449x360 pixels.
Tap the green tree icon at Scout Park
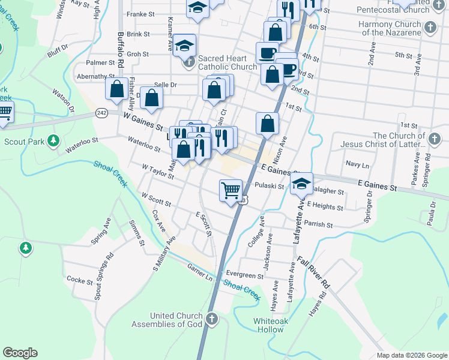click(53, 140)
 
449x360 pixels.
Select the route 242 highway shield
click(101, 113)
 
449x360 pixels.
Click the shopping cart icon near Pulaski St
click(231, 191)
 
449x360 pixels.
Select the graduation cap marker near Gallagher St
click(302, 184)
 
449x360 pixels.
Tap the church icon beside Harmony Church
click(430, 28)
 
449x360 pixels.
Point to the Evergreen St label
click(244, 276)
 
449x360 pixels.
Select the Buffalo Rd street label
click(121, 49)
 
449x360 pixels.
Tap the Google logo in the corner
click(20, 353)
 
